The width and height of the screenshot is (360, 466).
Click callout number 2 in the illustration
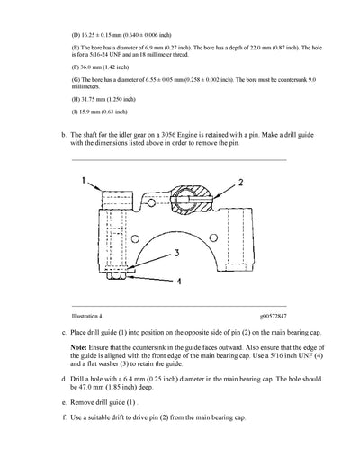pos(240,182)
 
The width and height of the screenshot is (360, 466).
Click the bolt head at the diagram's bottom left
pos(114,277)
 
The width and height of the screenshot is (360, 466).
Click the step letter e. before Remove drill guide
pos(60,407)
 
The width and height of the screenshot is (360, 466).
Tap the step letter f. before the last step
pos(60,421)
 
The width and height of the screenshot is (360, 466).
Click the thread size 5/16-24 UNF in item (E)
pos(99,51)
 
